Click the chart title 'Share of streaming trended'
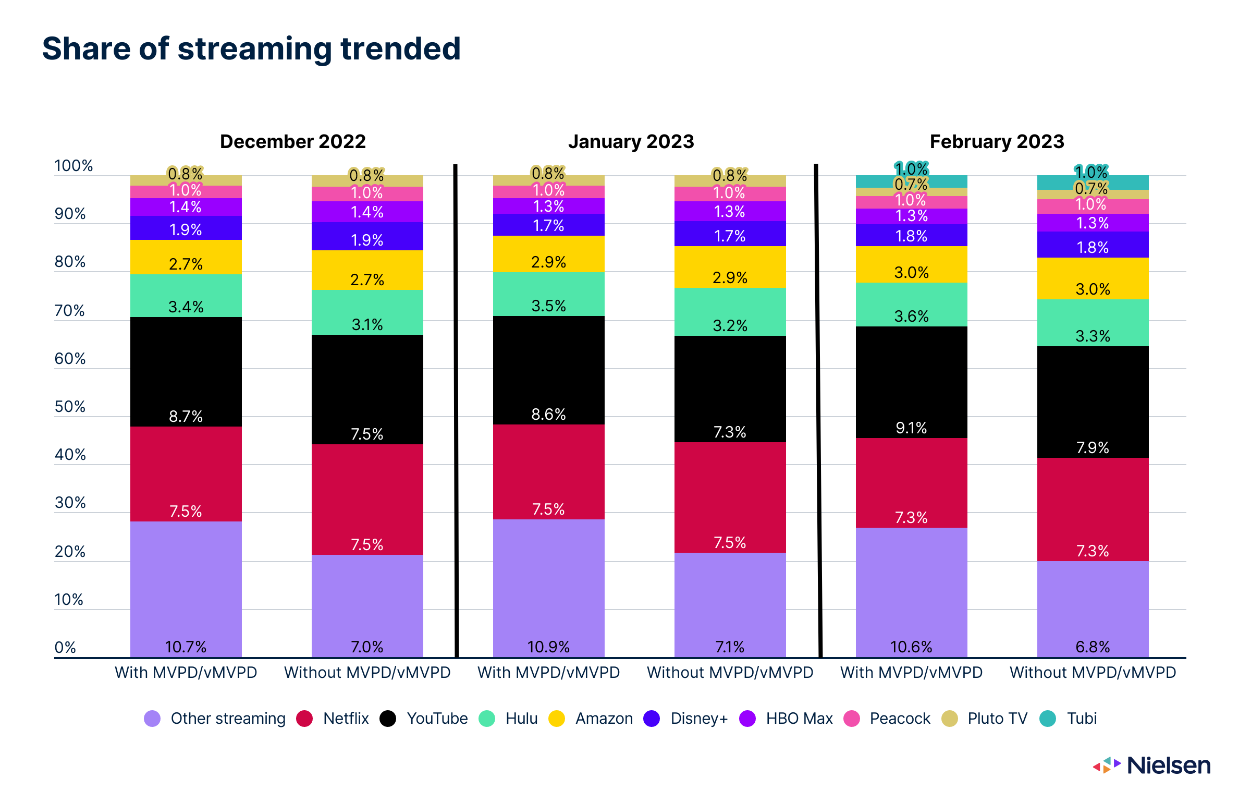251,49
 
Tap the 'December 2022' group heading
292,141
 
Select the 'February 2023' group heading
997,141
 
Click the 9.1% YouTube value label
911,428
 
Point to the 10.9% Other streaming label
548,647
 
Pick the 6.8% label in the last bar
1093,647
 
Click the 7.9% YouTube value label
1093,447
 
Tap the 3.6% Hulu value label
911,316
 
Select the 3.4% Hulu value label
186,307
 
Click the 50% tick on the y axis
70,407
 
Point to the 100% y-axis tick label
73,166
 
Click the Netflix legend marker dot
304,719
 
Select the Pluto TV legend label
997,719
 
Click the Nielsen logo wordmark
1168,765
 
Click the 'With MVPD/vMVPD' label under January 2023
548,673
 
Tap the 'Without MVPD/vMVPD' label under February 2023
1093,673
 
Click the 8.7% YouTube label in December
186,416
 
